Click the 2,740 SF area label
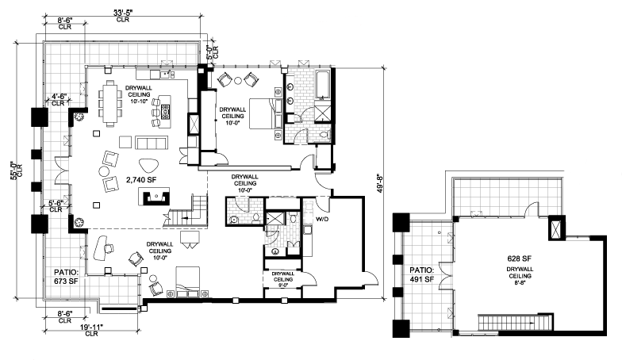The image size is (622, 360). coord(141,180)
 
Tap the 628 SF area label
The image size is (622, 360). coord(519,259)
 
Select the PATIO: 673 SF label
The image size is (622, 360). coord(67,277)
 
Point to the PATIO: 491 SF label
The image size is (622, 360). coord(422,274)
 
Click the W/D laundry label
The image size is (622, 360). coord(321,219)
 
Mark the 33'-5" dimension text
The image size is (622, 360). coord(123,13)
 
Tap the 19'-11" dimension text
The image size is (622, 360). coord(92,327)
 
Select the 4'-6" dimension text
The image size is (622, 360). coord(58,96)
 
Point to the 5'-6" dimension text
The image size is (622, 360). coord(56,202)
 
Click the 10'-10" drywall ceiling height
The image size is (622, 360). coord(138,101)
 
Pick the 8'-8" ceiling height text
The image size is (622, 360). coord(519,282)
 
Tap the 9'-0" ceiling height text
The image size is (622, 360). coord(283,285)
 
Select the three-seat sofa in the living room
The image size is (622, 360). coord(151,143)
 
